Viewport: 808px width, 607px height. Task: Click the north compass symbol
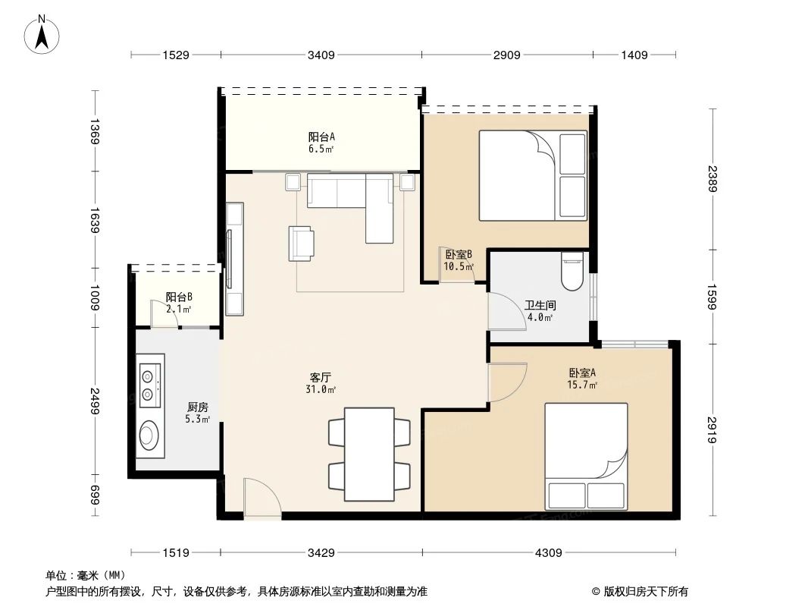point(43,34)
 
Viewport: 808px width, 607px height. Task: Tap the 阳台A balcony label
point(321,142)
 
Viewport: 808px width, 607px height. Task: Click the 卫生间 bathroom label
point(540,310)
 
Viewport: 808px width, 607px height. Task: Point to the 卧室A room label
point(582,378)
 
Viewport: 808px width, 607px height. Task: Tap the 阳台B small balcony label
point(178,303)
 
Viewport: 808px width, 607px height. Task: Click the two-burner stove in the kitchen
point(149,384)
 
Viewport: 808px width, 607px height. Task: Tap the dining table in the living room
point(369,454)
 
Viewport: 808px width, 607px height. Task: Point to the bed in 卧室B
point(532,175)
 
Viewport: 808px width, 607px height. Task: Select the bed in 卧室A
point(586,455)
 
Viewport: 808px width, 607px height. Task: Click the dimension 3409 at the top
point(321,55)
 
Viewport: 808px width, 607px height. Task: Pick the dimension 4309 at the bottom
point(548,552)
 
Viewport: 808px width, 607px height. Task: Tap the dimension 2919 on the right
point(713,429)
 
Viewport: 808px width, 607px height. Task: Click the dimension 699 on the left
point(95,497)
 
